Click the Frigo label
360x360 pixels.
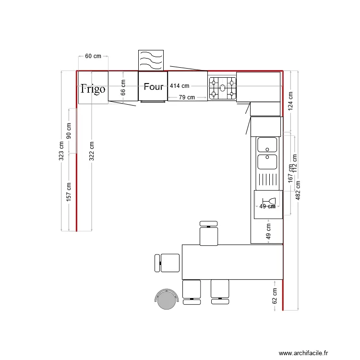point(93,89)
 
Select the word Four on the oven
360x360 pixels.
point(154,87)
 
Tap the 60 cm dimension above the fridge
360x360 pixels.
point(93,56)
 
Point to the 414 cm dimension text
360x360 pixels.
point(180,86)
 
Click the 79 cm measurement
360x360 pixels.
point(186,97)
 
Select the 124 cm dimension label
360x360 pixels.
point(290,101)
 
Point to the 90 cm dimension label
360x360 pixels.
point(69,131)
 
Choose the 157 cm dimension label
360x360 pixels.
point(69,192)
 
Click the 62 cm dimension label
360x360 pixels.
point(275,296)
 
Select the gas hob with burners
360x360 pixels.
point(222,88)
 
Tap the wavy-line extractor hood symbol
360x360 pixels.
point(151,60)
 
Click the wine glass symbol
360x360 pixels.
point(269,202)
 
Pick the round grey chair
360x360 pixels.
point(167,300)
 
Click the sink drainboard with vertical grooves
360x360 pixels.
point(267,180)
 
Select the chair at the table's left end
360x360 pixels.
point(168,263)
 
